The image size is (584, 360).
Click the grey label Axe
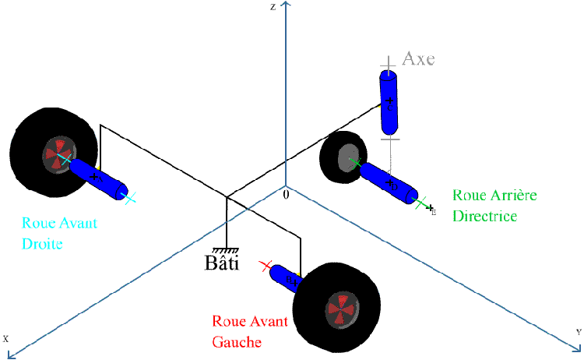point(418,58)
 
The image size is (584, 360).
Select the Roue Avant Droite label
point(59,233)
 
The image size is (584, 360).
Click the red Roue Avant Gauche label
point(250,331)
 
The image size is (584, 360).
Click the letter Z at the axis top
point(273,7)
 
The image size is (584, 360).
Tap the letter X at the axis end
point(5,339)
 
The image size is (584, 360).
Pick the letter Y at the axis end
point(579,333)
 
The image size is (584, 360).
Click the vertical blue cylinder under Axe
point(389,101)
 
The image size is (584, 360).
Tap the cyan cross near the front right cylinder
point(130,197)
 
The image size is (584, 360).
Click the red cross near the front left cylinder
point(268,266)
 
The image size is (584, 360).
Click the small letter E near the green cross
point(434,212)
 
